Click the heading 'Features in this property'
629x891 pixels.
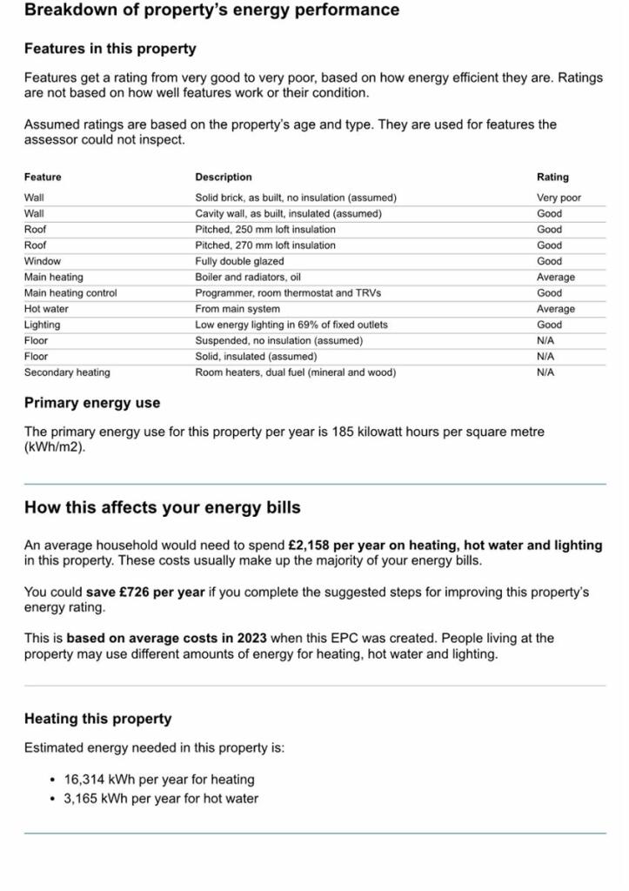(x=110, y=49)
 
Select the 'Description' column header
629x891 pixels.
(x=224, y=177)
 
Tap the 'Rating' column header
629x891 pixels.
(x=552, y=177)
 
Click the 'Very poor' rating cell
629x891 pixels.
(x=559, y=198)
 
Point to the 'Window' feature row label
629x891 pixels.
(x=43, y=261)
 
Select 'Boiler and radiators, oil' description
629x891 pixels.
(x=249, y=278)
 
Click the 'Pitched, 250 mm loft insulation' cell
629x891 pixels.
(x=265, y=230)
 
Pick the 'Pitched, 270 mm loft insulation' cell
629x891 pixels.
(x=265, y=245)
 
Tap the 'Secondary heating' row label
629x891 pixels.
(x=67, y=372)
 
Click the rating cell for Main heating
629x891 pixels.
(x=555, y=278)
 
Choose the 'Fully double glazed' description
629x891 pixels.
(x=239, y=261)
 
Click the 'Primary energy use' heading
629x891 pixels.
(x=92, y=403)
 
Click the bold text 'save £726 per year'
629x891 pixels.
(x=145, y=593)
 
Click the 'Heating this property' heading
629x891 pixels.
(x=98, y=719)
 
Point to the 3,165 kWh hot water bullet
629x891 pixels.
(x=161, y=799)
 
